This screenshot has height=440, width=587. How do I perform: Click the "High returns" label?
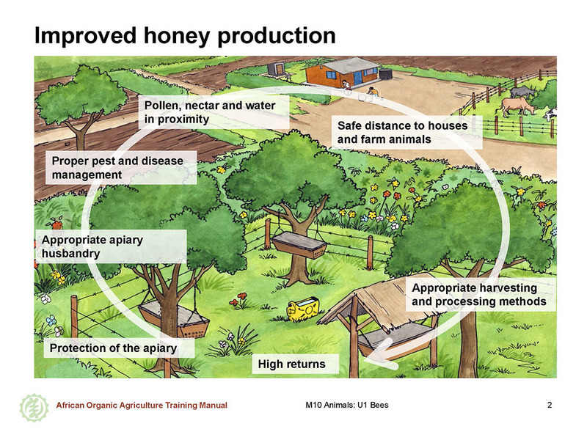click(291, 364)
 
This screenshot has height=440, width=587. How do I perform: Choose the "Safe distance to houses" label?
click(402, 125)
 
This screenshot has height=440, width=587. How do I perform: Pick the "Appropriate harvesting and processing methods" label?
click(479, 295)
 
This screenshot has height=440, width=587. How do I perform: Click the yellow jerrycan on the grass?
click(303, 309)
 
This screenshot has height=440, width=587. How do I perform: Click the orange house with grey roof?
click(343, 72)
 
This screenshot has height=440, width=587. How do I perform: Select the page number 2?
click(550, 405)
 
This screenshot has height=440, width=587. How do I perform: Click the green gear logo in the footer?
click(34, 408)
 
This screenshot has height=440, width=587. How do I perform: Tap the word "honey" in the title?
click(177, 36)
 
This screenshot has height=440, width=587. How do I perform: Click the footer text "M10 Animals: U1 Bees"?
click(347, 405)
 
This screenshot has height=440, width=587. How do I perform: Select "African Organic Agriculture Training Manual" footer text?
click(142, 406)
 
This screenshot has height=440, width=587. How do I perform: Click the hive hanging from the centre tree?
click(299, 245)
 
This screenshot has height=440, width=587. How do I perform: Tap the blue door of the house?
click(358, 78)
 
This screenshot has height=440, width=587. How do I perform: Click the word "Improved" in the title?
click(86, 36)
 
